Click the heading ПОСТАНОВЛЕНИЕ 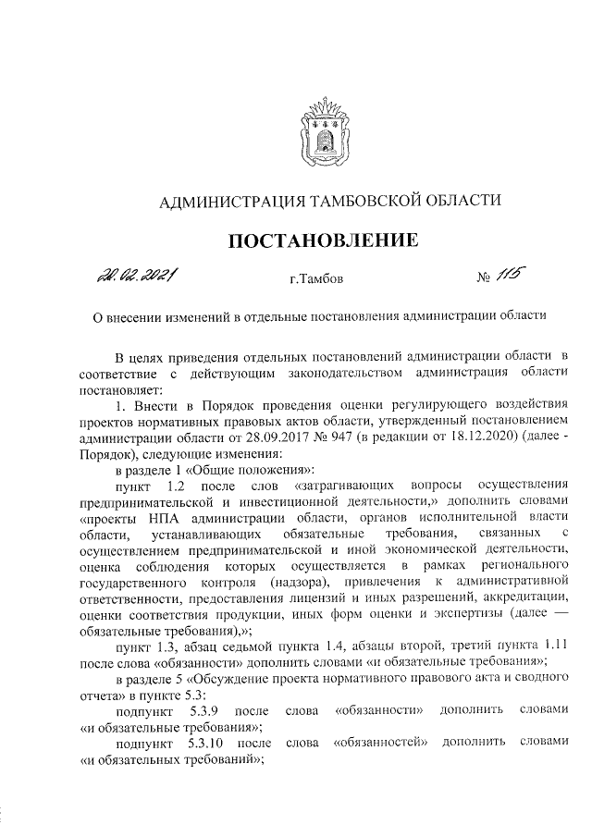323,242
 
